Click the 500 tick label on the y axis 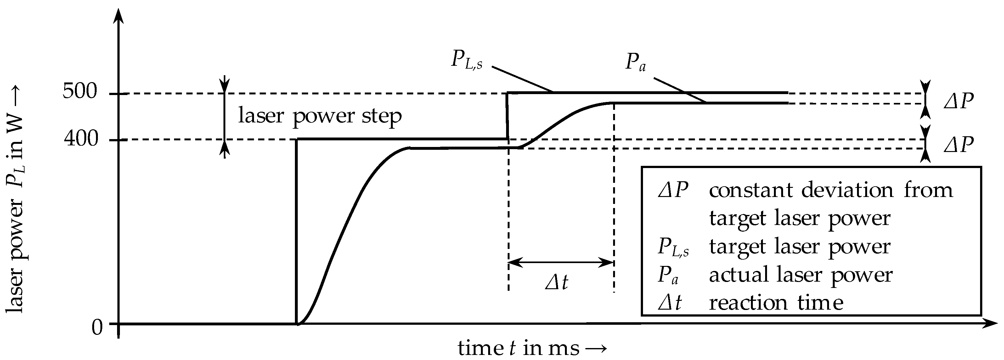click(80, 92)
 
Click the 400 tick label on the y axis click(81, 138)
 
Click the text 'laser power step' click(319, 116)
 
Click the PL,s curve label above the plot click(466, 61)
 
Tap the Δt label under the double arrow click(556, 282)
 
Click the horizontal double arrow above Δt click(561, 262)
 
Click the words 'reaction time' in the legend click(776, 303)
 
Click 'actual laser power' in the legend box click(801, 275)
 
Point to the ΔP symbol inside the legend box click(673, 190)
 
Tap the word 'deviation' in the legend click(847, 190)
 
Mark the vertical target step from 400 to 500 click(507, 116)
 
